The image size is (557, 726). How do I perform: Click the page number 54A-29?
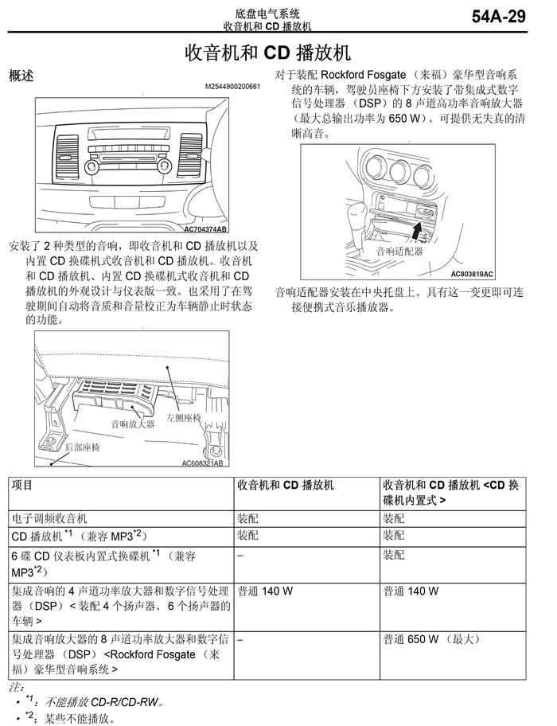[499, 17]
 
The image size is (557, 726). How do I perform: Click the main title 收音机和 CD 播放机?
[267, 53]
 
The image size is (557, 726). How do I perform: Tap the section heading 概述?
[21, 76]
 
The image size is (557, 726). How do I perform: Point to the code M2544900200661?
[232, 86]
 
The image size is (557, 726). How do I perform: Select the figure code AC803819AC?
[472, 274]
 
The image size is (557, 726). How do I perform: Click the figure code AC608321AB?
[202, 463]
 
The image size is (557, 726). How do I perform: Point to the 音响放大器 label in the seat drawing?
[132, 424]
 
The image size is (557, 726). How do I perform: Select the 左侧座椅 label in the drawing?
[184, 417]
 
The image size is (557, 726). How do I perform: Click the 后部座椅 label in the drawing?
[82, 447]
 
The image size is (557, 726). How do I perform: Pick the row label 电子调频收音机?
[49, 517]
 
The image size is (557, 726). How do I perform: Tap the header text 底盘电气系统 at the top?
[267, 13]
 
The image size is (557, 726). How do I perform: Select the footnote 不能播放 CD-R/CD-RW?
[104, 702]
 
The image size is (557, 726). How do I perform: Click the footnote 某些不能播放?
[80, 719]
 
